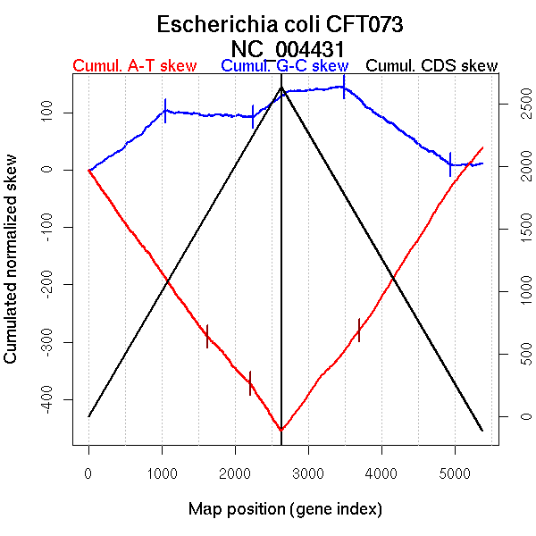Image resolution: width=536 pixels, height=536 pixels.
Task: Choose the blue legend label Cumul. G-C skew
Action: tap(284, 66)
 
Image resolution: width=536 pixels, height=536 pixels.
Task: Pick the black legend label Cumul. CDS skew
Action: tap(432, 66)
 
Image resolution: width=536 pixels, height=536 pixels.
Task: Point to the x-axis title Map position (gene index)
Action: tap(285, 509)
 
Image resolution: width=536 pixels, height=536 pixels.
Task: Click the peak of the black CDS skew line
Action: tap(281, 88)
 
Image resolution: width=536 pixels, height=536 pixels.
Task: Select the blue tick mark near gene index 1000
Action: tap(165, 110)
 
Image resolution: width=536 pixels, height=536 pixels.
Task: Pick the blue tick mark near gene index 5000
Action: tap(450, 163)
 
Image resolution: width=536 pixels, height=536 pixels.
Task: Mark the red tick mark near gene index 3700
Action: tap(359, 330)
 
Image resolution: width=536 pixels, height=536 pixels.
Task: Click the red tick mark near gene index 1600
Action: tap(207, 336)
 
